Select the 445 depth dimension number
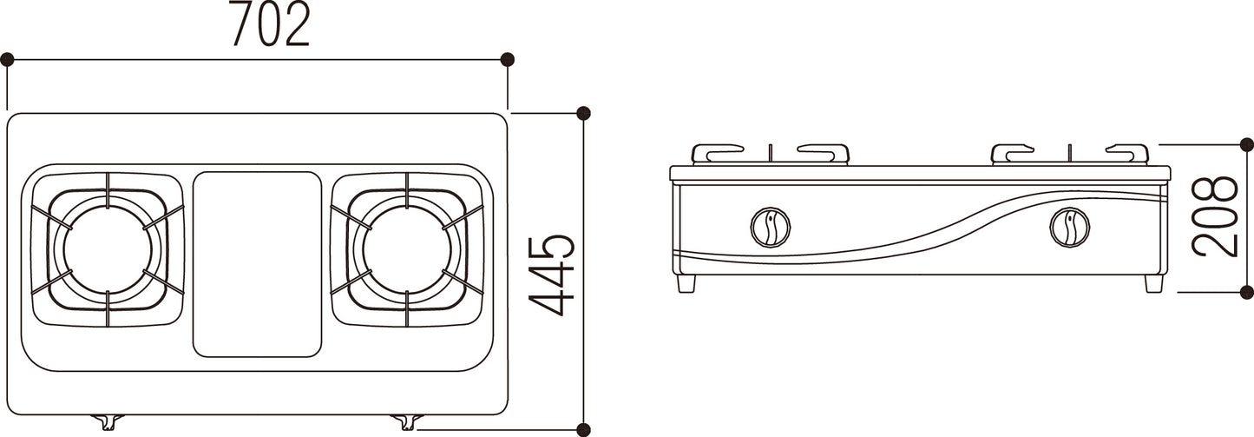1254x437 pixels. coord(552,275)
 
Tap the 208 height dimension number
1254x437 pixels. coord(1215,216)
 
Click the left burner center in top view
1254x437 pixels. coord(108,250)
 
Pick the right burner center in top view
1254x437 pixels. coord(407,250)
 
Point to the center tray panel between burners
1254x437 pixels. coord(257,264)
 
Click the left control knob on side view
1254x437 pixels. coord(771,227)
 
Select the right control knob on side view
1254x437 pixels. coord(1070,227)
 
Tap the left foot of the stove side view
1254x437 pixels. coord(686,283)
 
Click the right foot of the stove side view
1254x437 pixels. coord(1154,283)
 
